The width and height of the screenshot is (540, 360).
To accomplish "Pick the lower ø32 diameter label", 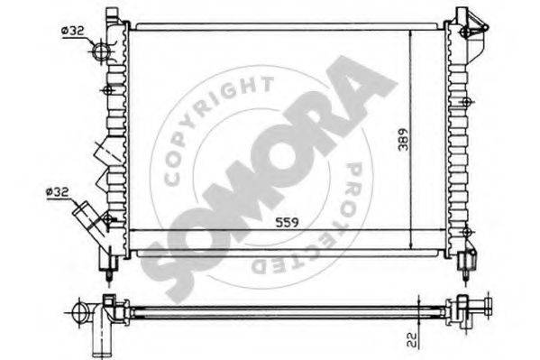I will (x=55, y=191).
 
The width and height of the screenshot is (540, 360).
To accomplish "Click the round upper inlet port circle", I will (x=101, y=51).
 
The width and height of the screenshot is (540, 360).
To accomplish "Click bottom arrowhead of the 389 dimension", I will (x=410, y=247).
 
